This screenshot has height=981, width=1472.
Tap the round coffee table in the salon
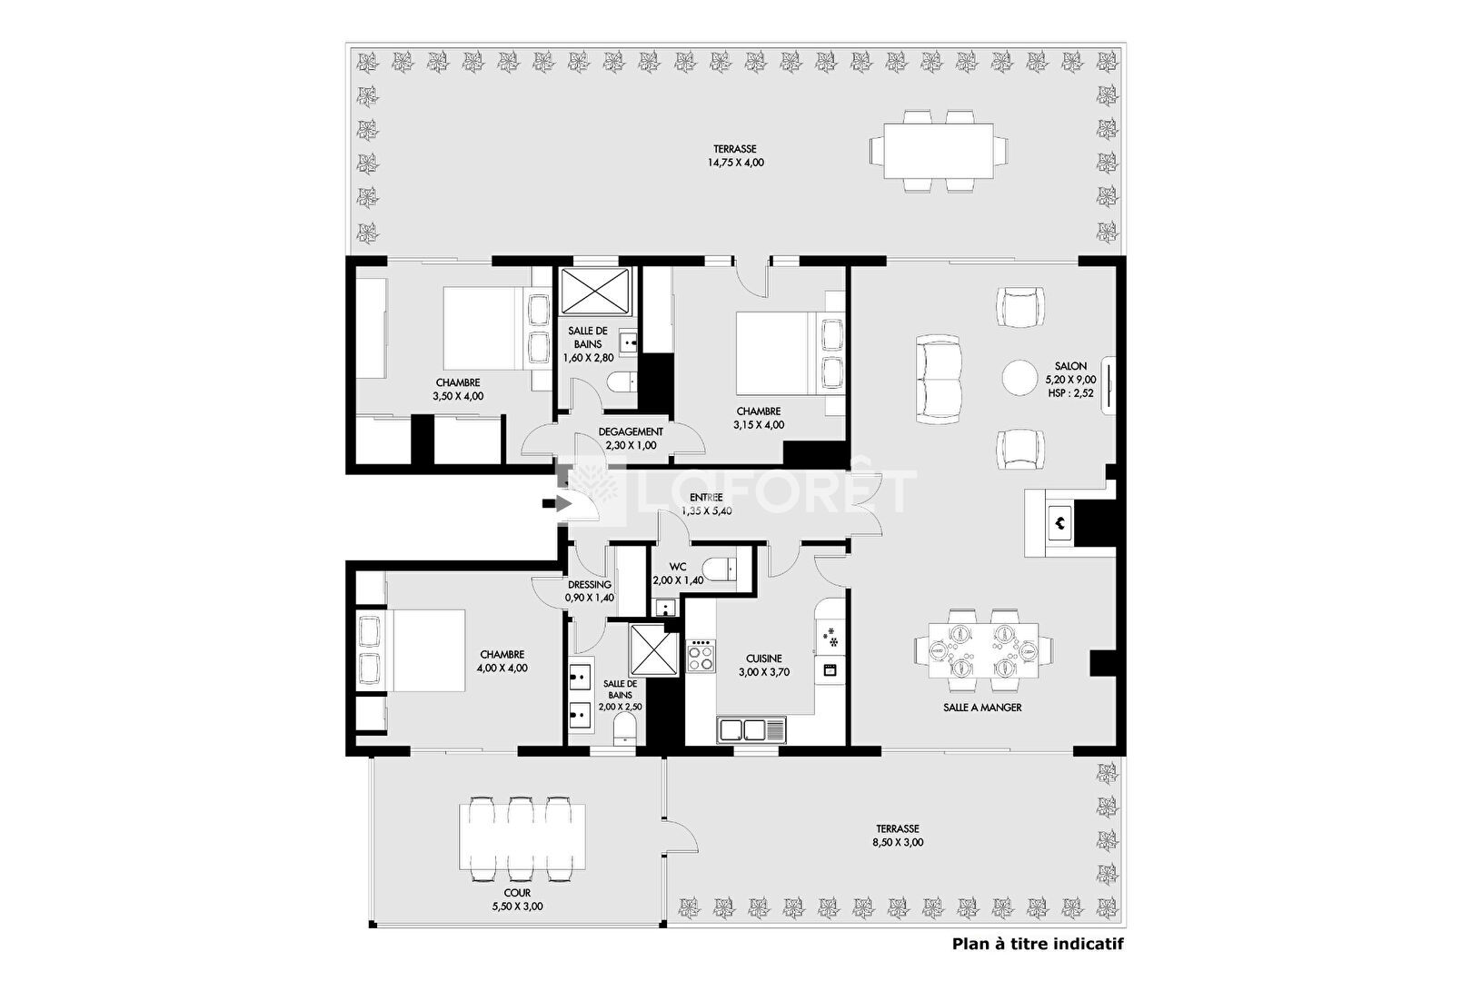click(x=1019, y=377)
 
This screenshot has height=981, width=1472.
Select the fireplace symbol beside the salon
click(x=1059, y=523)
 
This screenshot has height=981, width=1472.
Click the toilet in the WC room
click(x=720, y=569)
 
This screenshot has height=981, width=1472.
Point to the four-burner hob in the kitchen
click(x=701, y=655)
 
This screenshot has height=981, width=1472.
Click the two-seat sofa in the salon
click(x=939, y=379)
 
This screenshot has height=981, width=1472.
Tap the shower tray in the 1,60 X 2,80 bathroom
click(x=595, y=291)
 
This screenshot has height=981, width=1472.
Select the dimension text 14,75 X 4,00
click(x=735, y=163)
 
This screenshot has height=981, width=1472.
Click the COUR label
click(x=517, y=893)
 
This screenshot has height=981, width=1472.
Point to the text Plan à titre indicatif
click(x=1038, y=944)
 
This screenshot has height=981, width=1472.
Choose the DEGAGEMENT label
click(x=631, y=431)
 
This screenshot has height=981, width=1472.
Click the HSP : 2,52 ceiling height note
click(x=1071, y=393)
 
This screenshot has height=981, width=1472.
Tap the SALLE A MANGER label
click(x=982, y=708)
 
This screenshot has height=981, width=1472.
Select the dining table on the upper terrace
click(x=939, y=151)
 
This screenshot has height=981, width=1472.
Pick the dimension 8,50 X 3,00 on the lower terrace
click(x=898, y=842)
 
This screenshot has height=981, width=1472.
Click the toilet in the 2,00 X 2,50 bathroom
click(x=624, y=729)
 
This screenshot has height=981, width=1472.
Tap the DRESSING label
click(x=590, y=584)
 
